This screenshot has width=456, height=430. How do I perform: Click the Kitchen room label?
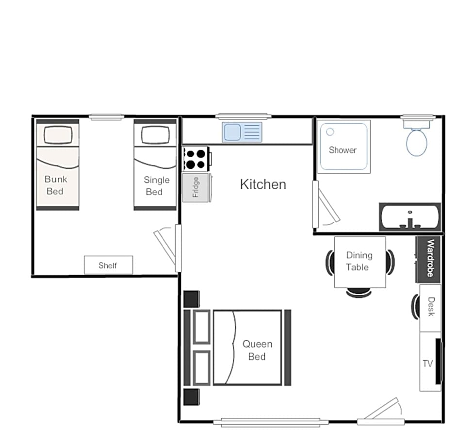tap(263, 184)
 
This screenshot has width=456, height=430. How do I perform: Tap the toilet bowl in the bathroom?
tap(416, 143)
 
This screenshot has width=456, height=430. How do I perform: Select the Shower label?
tap(342, 150)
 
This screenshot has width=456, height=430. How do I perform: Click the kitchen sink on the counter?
tap(242, 132)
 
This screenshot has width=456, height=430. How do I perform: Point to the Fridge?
tap(195, 187)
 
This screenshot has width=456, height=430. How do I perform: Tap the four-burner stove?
tap(195, 159)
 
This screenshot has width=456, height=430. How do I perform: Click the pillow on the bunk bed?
tap(58, 134)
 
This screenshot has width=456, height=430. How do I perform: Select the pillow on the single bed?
tap(155, 134)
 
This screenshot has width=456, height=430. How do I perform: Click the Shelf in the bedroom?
tap(109, 265)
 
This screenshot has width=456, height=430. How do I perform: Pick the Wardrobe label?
tap(430, 258)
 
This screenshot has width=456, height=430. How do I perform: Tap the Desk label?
tap(431, 307)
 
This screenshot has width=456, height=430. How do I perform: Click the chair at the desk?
tap(415, 307)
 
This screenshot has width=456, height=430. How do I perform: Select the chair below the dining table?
tap(359, 292)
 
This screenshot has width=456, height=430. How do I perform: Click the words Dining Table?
tap(359, 261)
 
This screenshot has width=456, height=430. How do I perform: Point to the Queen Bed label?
tap(257, 350)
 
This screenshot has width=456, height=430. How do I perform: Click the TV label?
tap(427, 364)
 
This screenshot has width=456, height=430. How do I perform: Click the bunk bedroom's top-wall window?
tap(106, 117)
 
